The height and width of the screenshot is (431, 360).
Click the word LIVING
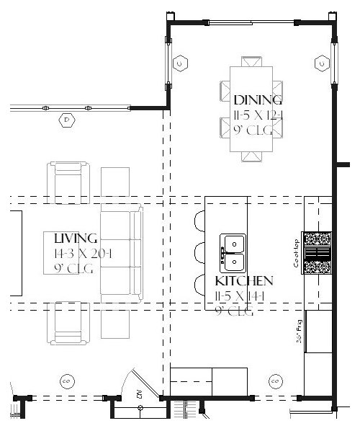tap(76, 239)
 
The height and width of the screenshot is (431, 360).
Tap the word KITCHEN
tap(243, 280)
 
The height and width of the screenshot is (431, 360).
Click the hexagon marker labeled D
tap(67, 120)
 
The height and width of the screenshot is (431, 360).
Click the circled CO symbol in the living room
tap(65, 379)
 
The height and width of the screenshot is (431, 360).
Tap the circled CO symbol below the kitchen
tap(274, 379)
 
